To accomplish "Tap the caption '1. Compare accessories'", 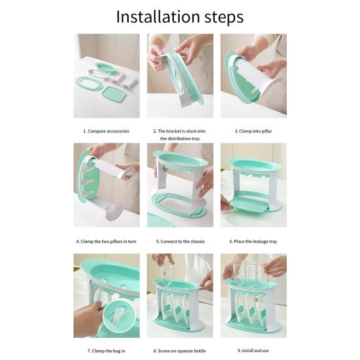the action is point(106,131).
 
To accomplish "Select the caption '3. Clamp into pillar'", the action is point(254,131).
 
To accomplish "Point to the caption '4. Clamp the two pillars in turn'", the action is point(106,241).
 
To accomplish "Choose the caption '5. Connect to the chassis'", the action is point(180,241).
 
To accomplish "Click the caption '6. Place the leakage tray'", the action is point(254,241).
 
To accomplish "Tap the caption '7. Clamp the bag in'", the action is point(106,351).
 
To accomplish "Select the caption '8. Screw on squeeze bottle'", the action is point(180,351).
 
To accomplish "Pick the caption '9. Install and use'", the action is point(253,351).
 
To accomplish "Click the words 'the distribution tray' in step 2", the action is point(180,139).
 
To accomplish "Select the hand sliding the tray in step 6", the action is point(226,204).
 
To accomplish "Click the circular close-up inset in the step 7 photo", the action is point(119,316).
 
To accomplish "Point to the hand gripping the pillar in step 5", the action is point(205,182).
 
